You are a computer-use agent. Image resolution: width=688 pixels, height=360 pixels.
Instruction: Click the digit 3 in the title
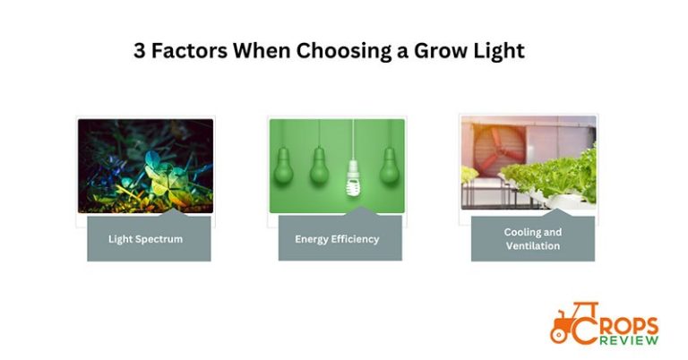tap(140, 51)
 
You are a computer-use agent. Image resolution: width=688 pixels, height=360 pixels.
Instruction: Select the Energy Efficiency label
tap(337, 239)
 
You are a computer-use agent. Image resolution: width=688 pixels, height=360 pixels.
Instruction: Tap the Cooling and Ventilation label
tap(532, 239)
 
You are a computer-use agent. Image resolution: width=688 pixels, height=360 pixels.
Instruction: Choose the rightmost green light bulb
tap(389, 166)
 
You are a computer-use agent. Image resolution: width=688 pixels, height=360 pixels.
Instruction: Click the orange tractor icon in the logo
tap(566, 325)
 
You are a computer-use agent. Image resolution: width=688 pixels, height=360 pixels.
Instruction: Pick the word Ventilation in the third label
tap(532, 246)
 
